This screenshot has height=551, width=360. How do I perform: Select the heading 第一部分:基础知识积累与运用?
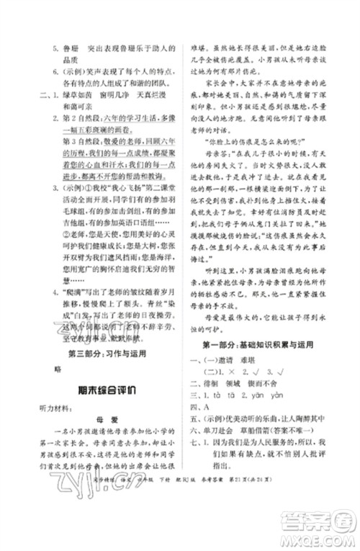click(261, 345)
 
